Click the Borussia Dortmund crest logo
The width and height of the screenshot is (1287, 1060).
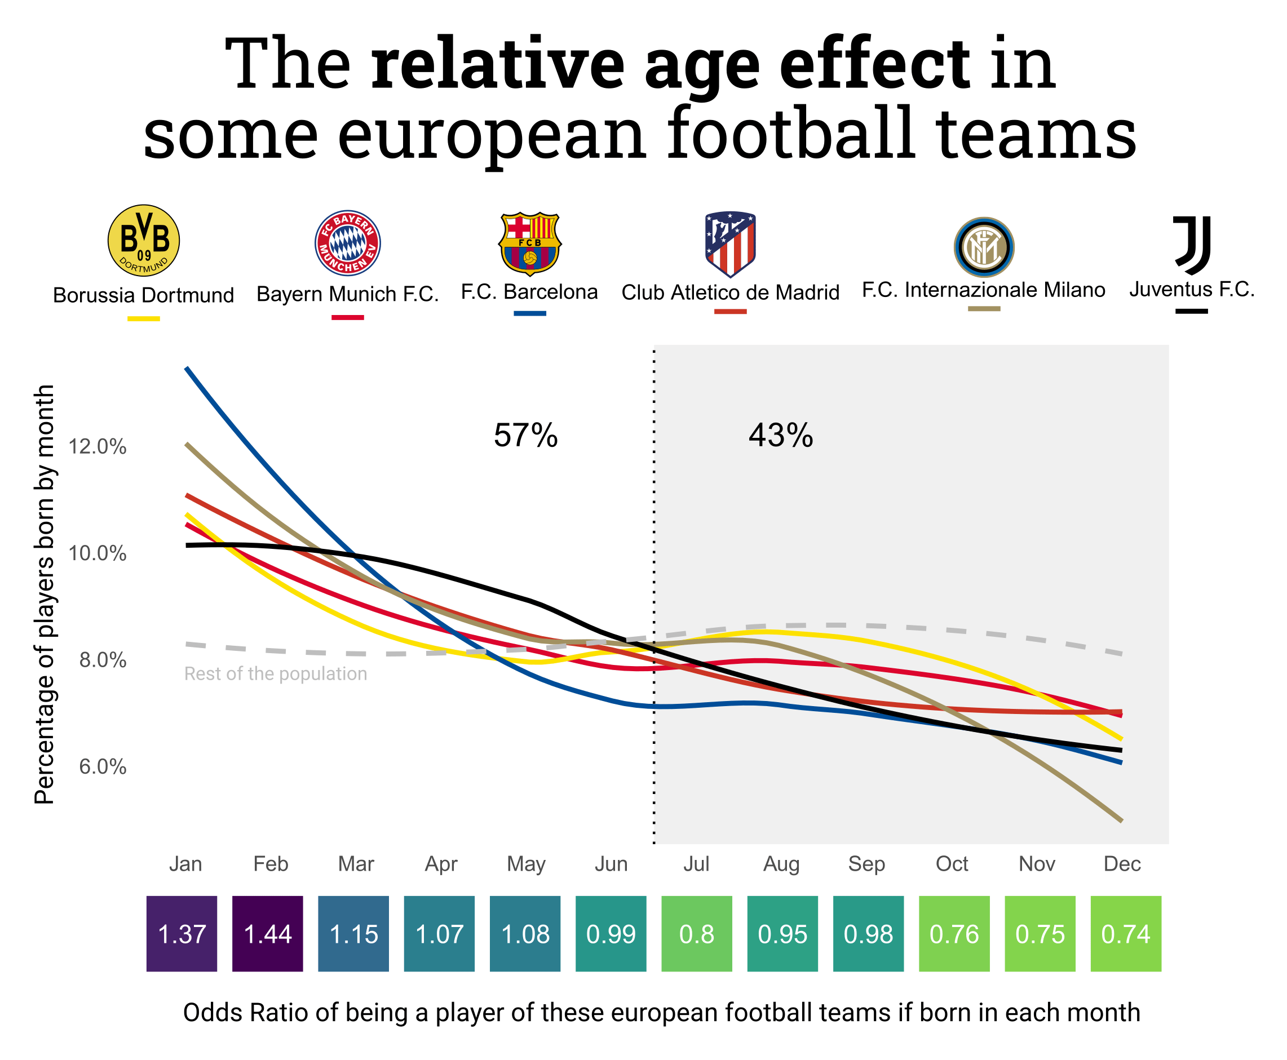click(x=144, y=240)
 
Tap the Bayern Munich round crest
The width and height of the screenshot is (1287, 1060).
click(x=348, y=243)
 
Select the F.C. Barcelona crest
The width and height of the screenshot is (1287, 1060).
click(x=529, y=243)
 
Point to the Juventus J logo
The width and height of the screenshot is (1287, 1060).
click(x=1191, y=245)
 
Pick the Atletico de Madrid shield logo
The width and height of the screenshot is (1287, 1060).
click(x=730, y=243)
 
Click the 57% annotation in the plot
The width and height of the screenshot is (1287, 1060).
click(x=525, y=436)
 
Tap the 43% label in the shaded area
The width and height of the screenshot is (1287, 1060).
click(x=781, y=436)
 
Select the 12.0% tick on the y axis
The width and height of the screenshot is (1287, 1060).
click(x=98, y=446)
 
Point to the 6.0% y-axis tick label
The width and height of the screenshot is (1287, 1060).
click(x=103, y=766)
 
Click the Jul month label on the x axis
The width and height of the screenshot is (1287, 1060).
click(x=696, y=864)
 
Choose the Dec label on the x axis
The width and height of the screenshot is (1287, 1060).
click(x=1122, y=864)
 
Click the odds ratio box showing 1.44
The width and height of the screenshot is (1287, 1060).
click(x=268, y=934)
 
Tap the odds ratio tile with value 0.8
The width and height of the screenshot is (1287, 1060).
click(x=696, y=934)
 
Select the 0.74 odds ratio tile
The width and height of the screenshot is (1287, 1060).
click(x=1125, y=934)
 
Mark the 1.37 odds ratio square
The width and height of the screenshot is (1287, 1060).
click(x=182, y=934)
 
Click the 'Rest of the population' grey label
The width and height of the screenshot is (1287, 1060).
click(x=276, y=673)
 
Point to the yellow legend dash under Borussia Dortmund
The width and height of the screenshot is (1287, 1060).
click(x=144, y=319)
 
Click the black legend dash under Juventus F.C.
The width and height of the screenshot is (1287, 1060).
click(x=1191, y=312)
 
